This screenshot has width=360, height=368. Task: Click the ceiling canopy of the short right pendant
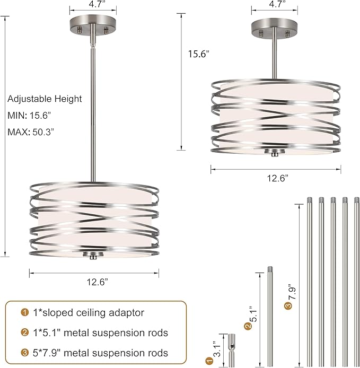(274, 29)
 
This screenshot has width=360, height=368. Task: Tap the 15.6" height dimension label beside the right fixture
(198, 54)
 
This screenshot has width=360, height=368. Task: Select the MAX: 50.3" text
(31, 132)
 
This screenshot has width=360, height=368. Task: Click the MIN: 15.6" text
(29, 116)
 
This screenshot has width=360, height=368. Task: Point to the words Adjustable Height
(45, 99)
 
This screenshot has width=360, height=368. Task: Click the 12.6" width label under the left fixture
(98, 282)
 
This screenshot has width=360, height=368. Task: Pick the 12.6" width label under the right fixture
(278, 178)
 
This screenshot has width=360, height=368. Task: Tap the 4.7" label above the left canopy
(96, 4)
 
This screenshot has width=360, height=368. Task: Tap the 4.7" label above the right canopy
(277, 4)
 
